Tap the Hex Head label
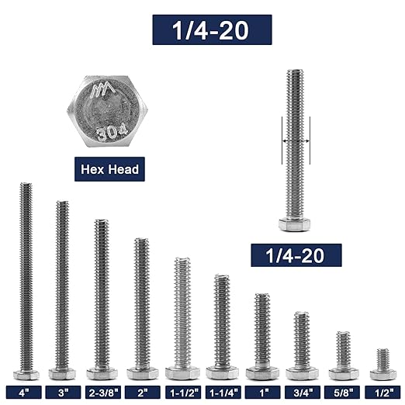109,168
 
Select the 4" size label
25,393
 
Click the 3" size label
62,393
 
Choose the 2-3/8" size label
102,393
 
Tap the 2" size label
142,393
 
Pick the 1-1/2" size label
182,393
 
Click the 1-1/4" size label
223,393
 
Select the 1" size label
262,393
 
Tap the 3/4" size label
302,393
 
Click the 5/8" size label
342,393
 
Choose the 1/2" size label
382,393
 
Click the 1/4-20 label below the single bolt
296,255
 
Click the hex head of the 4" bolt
26,375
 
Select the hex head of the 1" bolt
262,373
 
